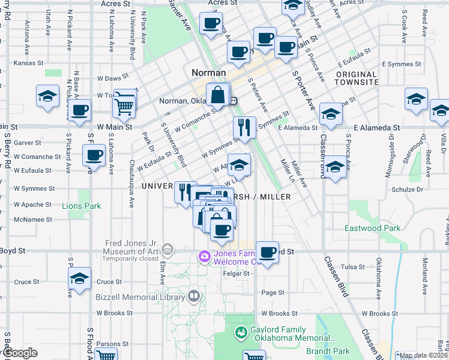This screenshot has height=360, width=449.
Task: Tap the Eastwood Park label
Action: [x=372, y=228]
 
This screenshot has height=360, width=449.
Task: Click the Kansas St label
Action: [x=29, y=62]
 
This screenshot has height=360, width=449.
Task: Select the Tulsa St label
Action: [x=353, y=267]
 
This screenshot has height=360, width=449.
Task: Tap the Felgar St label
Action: [x=237, y=274]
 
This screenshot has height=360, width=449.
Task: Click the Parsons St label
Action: [x=109, y=344]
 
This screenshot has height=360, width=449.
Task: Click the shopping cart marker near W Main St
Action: [x=124, y=106]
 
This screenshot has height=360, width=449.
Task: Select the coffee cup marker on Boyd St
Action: [x=267, y=252]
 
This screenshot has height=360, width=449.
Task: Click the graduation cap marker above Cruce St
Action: [x=79, y=279]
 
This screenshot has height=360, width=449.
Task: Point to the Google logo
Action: [x=19, y=353]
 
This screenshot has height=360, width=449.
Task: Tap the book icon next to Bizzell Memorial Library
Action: [x=194, y=296]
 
